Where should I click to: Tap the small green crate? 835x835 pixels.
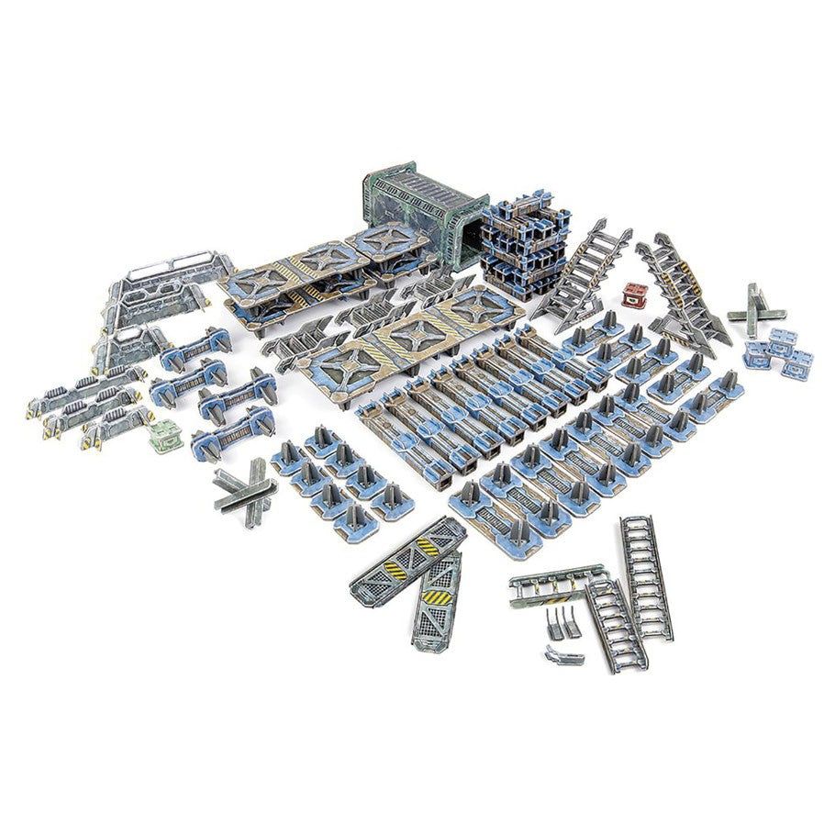point(165,437)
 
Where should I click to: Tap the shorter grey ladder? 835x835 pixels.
point(616,624)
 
